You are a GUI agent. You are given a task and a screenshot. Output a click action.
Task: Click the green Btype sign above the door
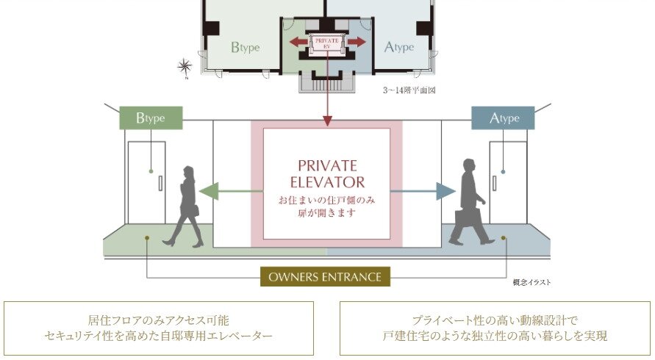(x=151, y=118)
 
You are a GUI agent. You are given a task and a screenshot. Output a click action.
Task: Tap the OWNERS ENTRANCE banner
(x=326, y=277)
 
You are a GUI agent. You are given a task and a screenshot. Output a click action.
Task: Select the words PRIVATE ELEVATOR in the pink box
(x=327, y=173)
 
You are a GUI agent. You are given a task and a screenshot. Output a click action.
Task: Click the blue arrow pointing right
(x=444, y=192)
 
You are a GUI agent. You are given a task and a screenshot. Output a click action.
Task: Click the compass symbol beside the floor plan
(x=185, y=67)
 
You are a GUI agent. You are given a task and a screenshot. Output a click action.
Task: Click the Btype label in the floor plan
(x=245, y=48)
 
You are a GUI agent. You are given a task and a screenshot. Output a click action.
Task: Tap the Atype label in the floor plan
(x=398, y=48)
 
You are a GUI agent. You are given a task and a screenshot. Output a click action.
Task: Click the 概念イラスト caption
(x=531, y=282)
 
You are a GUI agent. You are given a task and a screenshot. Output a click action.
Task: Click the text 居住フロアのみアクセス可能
(x=159, y=320)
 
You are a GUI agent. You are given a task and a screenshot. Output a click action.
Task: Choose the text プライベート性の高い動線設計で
(x=495, y=320)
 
